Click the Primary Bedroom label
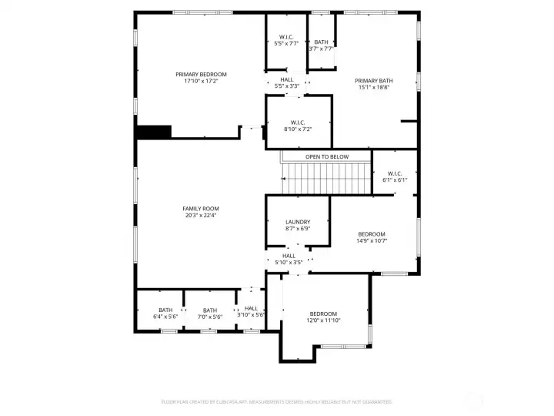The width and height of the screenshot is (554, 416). pyautogui.click(x=201, y=74)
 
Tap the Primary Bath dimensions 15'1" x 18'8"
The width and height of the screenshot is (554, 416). pyautogui.click(x=374, y=87)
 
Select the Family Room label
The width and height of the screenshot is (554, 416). pyautogui.click(x=201, y=209)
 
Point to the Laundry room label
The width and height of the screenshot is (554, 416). pyautogui.click(x=297, y=222)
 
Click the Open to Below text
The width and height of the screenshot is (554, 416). pyautogui.click(x=327, y=157)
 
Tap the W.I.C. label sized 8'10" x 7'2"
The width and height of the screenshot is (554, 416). pyautogui.click(x=298, y=122)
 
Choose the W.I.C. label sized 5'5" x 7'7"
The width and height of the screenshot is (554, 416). pyautogui.click(x=286, y=36)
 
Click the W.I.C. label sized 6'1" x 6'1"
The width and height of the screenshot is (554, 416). pyautogui.click(x=395, y=173)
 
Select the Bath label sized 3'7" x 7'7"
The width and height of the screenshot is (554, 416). pyautogui.click(x=321, y=42)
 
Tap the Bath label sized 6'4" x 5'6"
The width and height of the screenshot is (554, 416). pyautogui.click(x=165, y=310)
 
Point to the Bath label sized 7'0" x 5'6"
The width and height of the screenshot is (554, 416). pyautogui.click(x=210, y=310)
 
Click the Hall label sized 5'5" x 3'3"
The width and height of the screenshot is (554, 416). pyautogui.click(x=287, y=79)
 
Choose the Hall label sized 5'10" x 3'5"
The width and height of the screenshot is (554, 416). pyautogui.click(x=289, y=256)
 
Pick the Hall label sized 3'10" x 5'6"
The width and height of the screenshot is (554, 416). pyautogui.click(x=251, y=308)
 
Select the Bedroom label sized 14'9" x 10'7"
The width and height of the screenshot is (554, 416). pyautogui.click(x=371, y=234)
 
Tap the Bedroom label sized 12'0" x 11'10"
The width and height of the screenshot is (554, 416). pyautogui.click(x=323, y=314)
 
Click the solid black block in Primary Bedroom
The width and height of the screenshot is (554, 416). pyautogui.click(x=153, y=132)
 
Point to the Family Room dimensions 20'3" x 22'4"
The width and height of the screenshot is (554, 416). pyautogui.click(x=201, y=216)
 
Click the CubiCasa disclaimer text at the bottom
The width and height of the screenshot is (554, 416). pyautogui.click(x=276, y=401)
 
